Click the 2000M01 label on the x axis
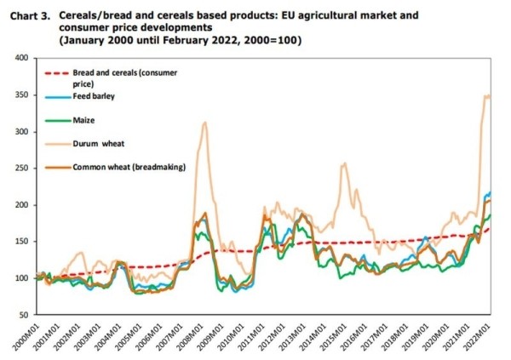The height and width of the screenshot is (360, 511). (34, 335)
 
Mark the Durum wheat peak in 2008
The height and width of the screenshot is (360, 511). (204, 123)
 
